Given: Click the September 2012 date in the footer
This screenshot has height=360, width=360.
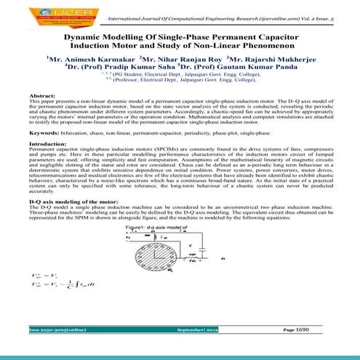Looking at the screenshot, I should click(x=193, y=350).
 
